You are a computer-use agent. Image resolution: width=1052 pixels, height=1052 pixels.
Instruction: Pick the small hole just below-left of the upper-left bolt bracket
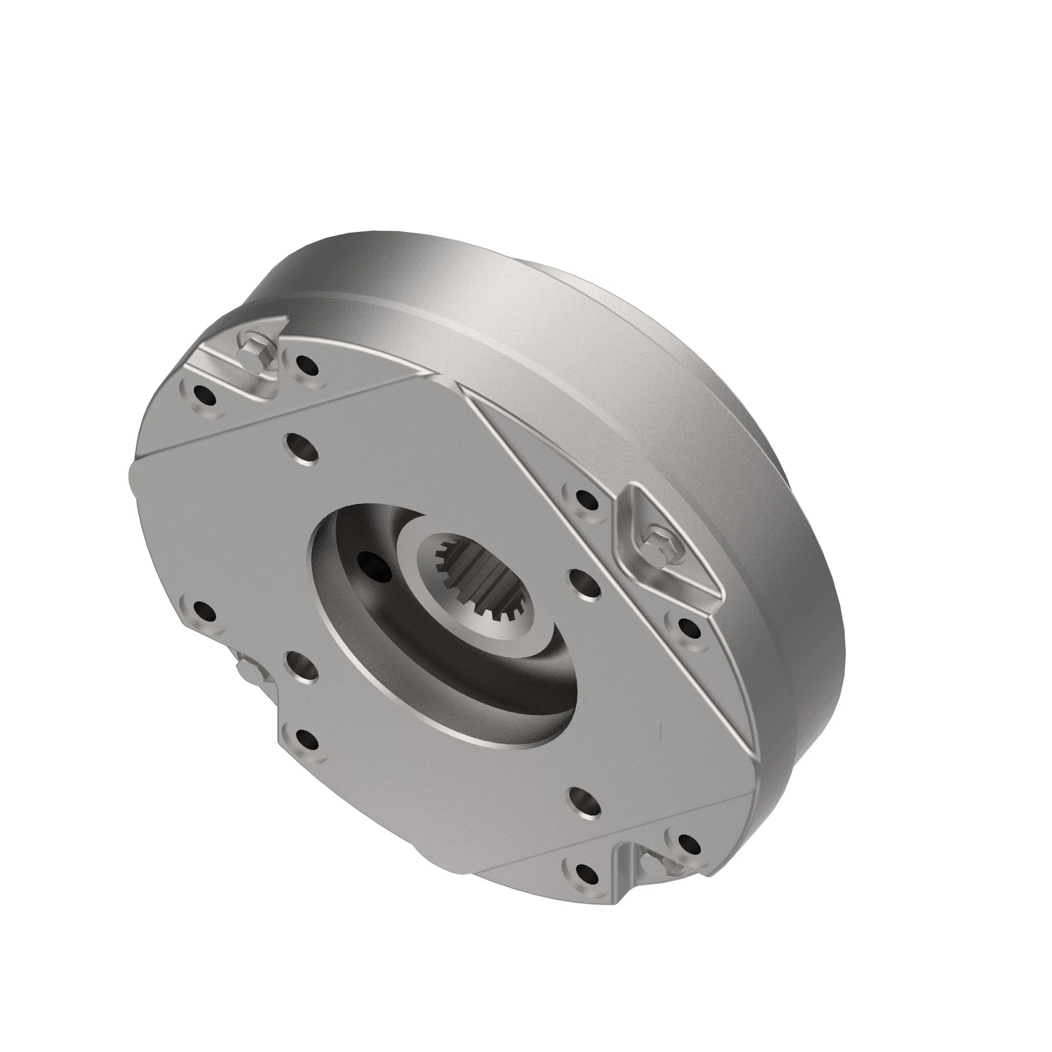coord(204,396)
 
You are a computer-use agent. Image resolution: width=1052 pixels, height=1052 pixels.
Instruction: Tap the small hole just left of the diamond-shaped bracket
coord(584,498)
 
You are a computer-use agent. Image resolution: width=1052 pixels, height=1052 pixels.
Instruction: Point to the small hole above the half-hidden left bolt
coord(204,613)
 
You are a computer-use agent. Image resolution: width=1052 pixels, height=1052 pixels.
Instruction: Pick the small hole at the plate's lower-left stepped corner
coord(308,741)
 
